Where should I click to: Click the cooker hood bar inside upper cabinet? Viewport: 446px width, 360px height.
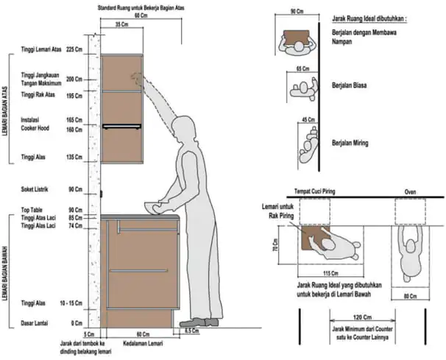[x=122, y=127]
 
